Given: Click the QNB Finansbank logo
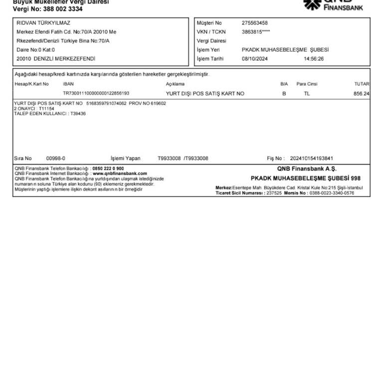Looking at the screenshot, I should [x=334, y=4].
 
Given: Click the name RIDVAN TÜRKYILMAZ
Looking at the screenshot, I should [x=43, y=23].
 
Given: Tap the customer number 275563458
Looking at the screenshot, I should [x=254, y=23].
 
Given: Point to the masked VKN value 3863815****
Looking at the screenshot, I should [x=256, y=32].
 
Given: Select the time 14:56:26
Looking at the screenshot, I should [x=314, y=59].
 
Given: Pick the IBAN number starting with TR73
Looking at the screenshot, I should [x=96, y=93].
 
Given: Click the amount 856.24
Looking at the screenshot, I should [x=361, y=93].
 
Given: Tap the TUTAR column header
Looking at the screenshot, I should [x=362, y=84].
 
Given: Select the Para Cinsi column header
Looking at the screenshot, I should [x=307, y=84].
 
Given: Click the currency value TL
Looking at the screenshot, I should [x=307, y=93].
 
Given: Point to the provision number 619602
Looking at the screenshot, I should [x=158, y=104].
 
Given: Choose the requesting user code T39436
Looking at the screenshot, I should [x=78, y=114].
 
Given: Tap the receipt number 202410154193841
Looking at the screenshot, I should [x=312, y=159].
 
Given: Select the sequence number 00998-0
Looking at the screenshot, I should [x=56, y=159].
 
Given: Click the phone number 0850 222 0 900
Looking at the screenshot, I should [x=108, y=169].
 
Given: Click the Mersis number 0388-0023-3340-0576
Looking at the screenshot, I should [x=332, y=193].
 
